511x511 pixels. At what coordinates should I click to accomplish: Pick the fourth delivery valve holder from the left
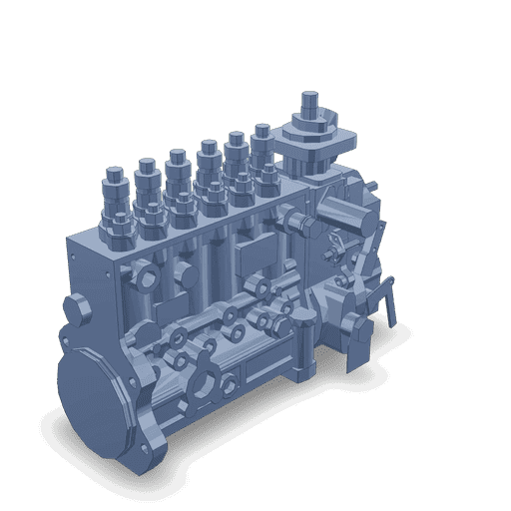tap(209, 154)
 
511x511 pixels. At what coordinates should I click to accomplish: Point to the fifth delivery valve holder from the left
tap(237, 145)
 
